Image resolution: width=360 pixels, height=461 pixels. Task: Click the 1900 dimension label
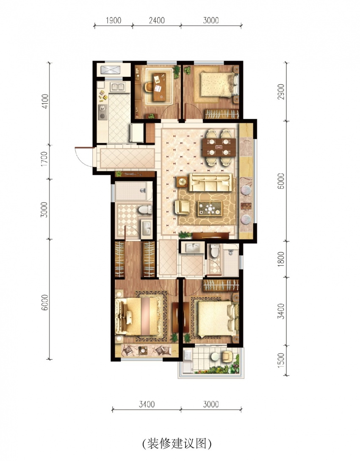[114, 20]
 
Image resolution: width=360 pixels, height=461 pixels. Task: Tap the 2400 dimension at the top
[157, 20]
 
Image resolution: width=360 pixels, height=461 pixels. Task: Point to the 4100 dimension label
[45, 101]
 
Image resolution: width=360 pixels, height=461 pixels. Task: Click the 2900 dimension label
[281, 92]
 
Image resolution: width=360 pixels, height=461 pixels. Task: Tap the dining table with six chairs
[219, 147]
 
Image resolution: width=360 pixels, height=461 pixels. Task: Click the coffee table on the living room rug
[210, 208]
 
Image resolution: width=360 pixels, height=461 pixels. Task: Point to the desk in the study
[160, 87]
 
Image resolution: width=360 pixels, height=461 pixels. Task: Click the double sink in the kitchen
[118, 87]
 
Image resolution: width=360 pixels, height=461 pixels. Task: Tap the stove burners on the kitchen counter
[102, 112]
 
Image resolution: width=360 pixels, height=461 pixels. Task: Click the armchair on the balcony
[227, 356]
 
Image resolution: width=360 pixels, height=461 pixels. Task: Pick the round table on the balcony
[215, 356]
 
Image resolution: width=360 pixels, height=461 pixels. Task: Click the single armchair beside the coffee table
[182, 207]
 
